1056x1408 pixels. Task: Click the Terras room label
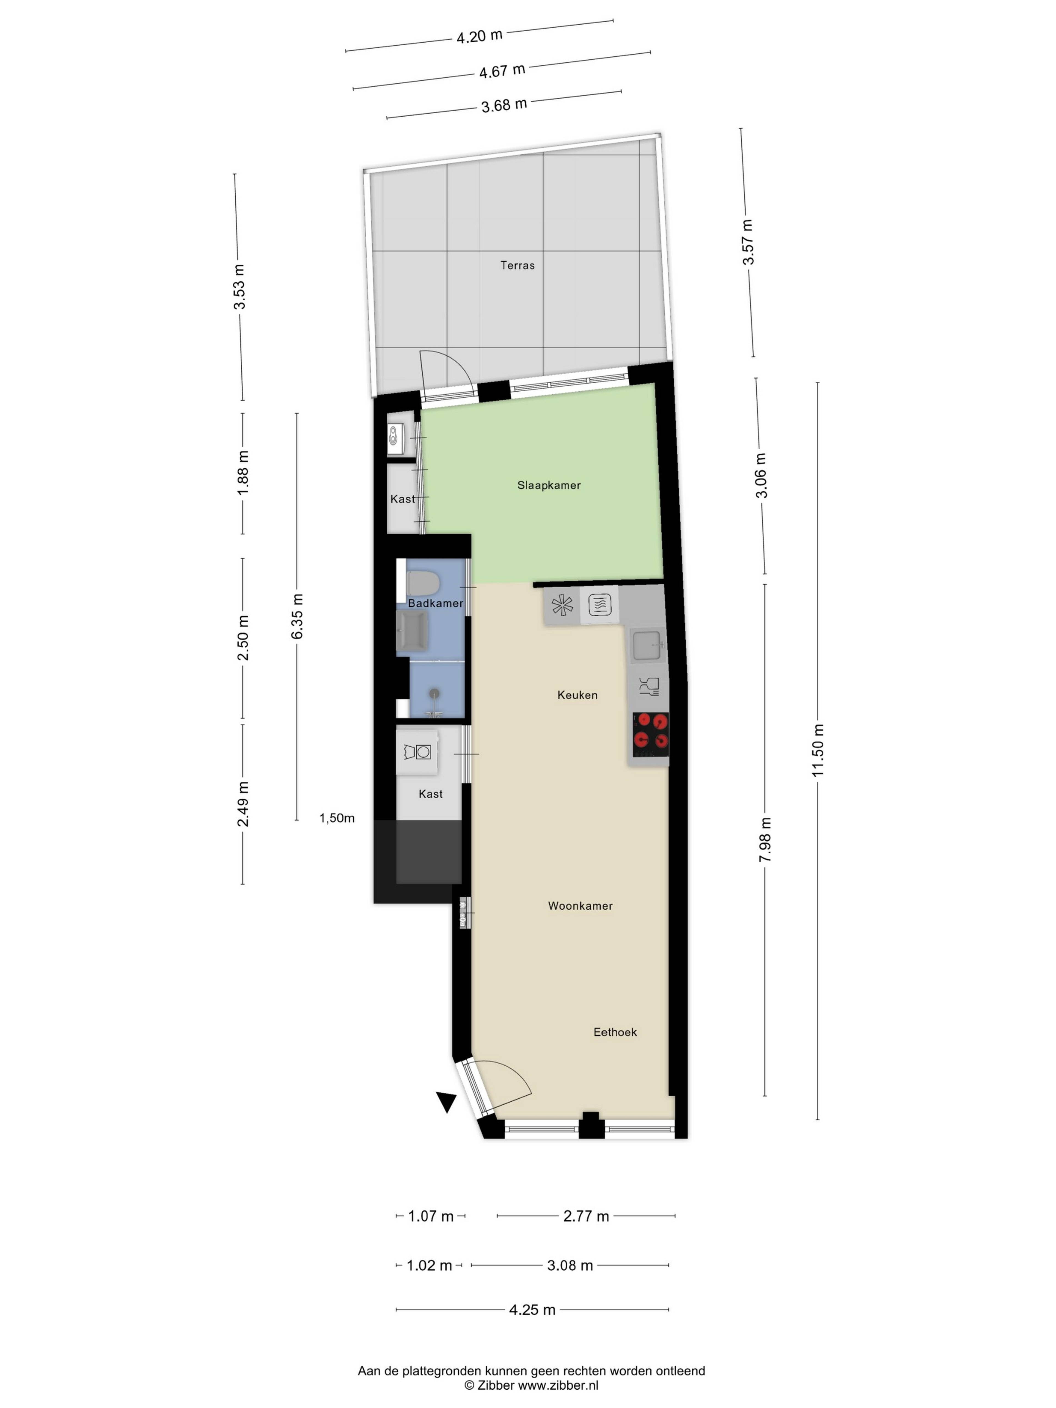[x=517, y=265]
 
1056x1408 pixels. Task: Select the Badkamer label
[x=435, y=603]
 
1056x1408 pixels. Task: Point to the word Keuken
[x=577, y=695]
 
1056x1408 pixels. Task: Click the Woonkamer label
[x=580, y=906]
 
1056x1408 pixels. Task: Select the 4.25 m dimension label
[x=532, y=1309]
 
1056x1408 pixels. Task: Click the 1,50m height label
[x=337, y=819]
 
